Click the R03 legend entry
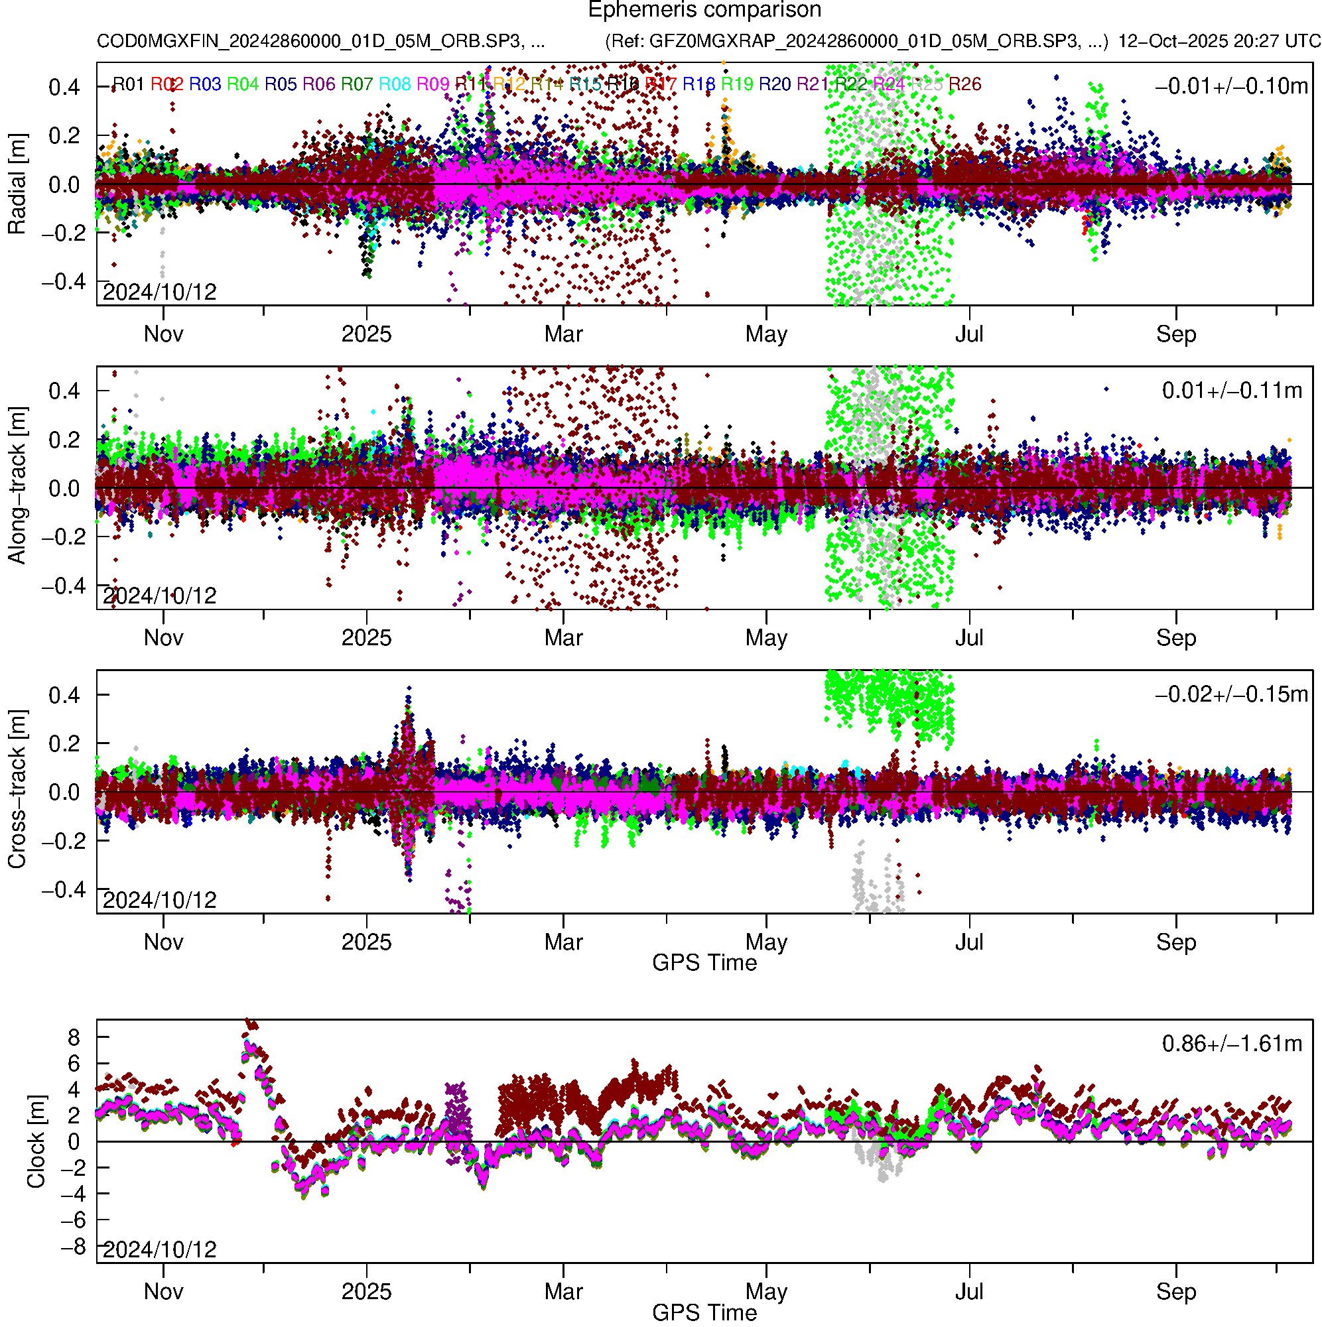tap(205, 84)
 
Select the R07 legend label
tap(357, 84)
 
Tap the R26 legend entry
tap(964, 84)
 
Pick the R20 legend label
tap(775, 84)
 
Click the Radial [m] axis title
tap(17, 184)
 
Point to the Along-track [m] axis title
tap(17, 486)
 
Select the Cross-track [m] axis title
tap(17, 790)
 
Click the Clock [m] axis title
tap(36, 1141)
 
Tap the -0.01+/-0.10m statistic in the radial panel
tap(1231, 86)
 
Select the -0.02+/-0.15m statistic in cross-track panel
tap(1231, 694)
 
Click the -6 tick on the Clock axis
tap(72, 1220)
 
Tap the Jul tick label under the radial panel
tap(970, 334)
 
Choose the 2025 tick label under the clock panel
tap(366, 1292)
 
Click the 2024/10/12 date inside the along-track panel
tap(159, 596)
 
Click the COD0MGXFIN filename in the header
tap(321, 41)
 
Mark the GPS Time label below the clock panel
tap(704, 1312)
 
